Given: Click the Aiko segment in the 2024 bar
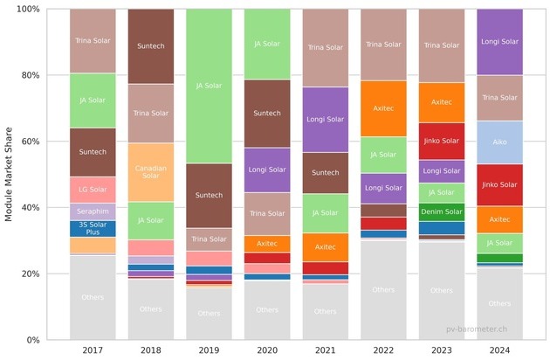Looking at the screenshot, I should coord(499,142).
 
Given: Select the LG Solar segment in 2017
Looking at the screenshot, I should coord(92,190).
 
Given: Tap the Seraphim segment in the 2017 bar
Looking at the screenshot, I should coord(92,211).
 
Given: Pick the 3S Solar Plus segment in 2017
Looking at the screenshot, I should coord(92,228).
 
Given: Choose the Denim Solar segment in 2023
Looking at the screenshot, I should coord(442,211).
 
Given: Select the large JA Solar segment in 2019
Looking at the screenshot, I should coord(209,86).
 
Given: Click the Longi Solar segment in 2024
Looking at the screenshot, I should coord(499,41).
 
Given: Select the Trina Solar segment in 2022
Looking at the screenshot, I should coord(383,45).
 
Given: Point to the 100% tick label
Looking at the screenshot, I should coord(26,9).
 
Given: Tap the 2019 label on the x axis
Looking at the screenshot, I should coord(209,351).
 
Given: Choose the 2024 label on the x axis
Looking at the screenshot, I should coord(499,351).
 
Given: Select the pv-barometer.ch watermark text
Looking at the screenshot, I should coord(477,328).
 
